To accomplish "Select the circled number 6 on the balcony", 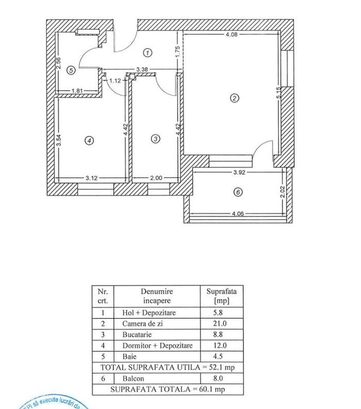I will [x=237, y=192].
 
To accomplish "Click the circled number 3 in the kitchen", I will [x=156, y=138].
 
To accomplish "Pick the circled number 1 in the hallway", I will [x=147, y=53].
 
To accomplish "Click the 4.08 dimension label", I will [x=232, y=35].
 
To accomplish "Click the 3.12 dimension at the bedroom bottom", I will [x=91, y=178].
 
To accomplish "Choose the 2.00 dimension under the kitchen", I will [x=156, y=178].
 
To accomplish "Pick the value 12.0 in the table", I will [x=212, y=346].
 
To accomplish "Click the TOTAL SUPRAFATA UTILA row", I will [x=168, y=367].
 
